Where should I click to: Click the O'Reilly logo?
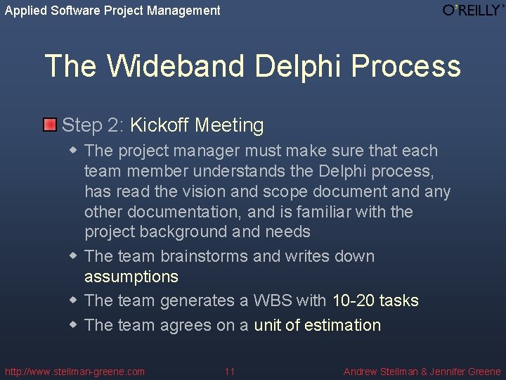pyautogui.click(x=473, y=10)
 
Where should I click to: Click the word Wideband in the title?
pyautogui.click(x=176, y=66)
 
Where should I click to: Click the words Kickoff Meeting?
pyautogui.click(x=197, y=126)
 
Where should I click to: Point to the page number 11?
pyautogui.click(x=230, y=372)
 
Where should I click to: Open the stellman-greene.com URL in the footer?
pyautogui.click(x=74, y=372)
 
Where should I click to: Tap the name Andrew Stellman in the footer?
pyautogui.click(x=379, y=372)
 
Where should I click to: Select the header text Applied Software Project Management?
pyautogui.click(x=112, y=11)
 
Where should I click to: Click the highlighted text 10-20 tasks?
pyautogui.click(x=375, y=301)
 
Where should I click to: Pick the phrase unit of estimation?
pyautogui.click(x=317, y=325)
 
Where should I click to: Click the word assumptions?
pyautogui.click(x=131, y=277)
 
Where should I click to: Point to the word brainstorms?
pyautogui.click(x=204, y=256)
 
